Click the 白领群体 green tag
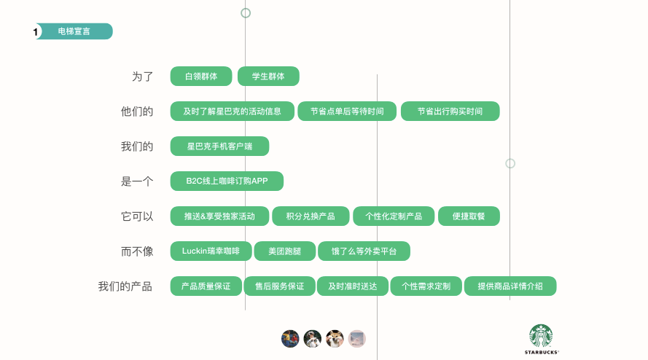click(x=200, y=77)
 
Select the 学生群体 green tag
click(x=268, y=77)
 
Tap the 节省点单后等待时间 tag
click(x=347, y=111)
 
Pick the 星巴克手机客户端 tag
click(x=219, y=146)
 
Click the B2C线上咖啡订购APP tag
click(x=226, y=181)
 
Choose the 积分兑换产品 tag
click(x=311, y=216)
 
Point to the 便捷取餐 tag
click(x=469, y=216)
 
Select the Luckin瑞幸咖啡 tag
click(x=211, y=251)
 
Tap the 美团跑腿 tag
click(x=284, y=251)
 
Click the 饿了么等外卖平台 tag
click(x=364, y=251)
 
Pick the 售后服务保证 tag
click(x=279, y=286)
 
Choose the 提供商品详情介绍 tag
click(x=510, y=286)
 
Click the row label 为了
click(x=143, y=77)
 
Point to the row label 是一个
click(x=137, y=181)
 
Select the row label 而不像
click(x=137, y=251)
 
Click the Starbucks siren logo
click(x=541, y=336)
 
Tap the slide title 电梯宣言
click(x=74, y=31)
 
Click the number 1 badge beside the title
click(x=36, y=32)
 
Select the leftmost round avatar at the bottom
click(x=290, y=338)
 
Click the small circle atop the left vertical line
click(x=246, y=12)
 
